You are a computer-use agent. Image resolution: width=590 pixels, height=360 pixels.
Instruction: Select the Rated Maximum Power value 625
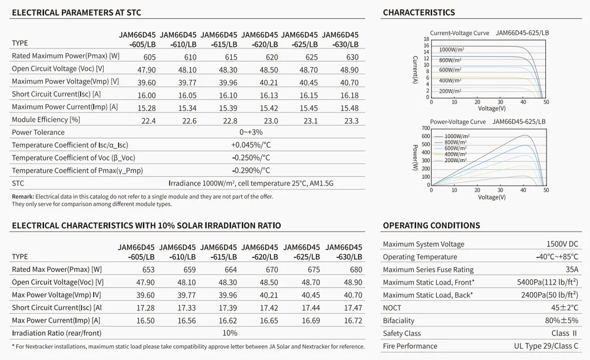pyautogui.click(x=312, y=57)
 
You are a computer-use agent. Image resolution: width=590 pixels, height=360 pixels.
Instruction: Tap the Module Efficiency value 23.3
pyautogui.click(x=352, y=121)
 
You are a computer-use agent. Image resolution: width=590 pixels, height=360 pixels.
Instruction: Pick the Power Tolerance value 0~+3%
pyautogui.click(x=251, y=133)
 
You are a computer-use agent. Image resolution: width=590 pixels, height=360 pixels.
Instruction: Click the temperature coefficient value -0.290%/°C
pyautogui.click(x=251, y=171)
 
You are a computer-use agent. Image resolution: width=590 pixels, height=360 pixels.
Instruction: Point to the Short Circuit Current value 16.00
pyautogui.click(x=147, y=95)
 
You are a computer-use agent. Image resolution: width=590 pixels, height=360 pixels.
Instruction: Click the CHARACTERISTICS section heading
pyautogui.click(x=419, y=12)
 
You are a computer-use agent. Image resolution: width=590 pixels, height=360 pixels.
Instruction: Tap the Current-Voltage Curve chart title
pyautogui.click(x=460, y=33)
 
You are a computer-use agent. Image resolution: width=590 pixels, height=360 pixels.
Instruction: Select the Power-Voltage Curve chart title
pyautogui.click(x=458, y=122)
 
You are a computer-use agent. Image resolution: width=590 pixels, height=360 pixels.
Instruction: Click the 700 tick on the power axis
pyautogui.click(x=426, y=129)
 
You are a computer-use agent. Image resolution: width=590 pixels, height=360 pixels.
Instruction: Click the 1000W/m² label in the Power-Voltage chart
pyautogui.click(x=457, y=137)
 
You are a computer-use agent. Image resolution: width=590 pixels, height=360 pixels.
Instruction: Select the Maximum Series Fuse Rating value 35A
pyautogui.click(x=572, y=270)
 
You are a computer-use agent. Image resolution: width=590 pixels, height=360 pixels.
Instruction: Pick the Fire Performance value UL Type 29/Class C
pyautogui.click(x=546, y=346)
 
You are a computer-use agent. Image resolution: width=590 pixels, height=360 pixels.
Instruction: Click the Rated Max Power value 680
pyautogui.click(x=356, y=270)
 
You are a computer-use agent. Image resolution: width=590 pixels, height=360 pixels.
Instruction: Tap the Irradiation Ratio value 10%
pyautogui.click(x=230, y=333)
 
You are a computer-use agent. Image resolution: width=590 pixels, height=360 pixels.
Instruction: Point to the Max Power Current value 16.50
pyautogui.click(x=145, y=320)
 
